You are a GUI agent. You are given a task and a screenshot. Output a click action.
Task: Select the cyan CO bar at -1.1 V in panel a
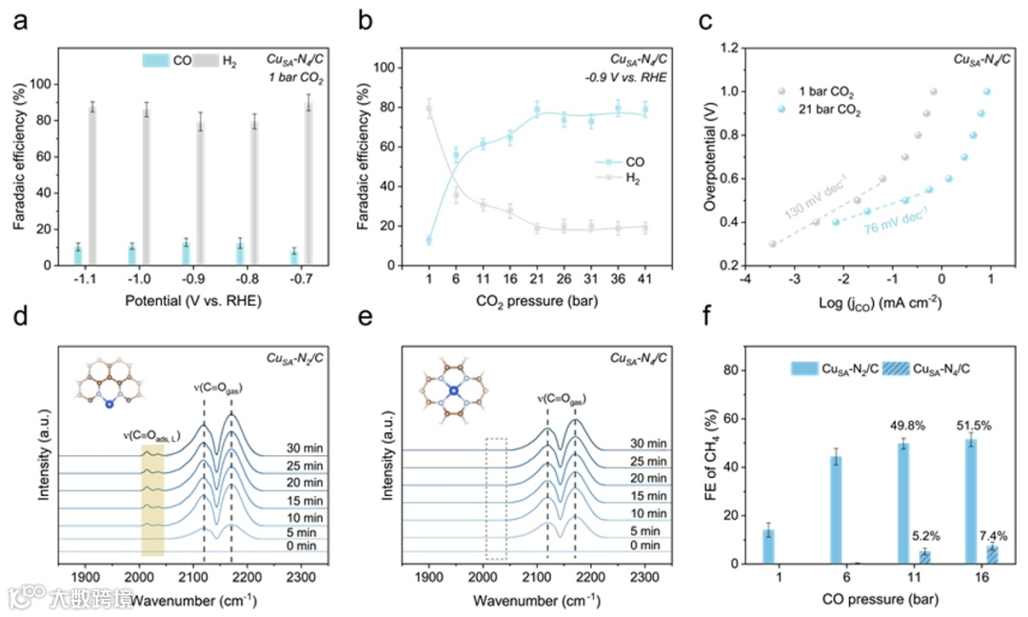tap(77, 255)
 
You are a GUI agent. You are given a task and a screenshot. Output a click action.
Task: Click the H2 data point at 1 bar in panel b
tap(428, 109)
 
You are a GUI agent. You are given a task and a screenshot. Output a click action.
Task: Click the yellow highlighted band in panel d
tap(152, 500)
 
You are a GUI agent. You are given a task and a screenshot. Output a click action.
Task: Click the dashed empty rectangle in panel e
tap(495, 498)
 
